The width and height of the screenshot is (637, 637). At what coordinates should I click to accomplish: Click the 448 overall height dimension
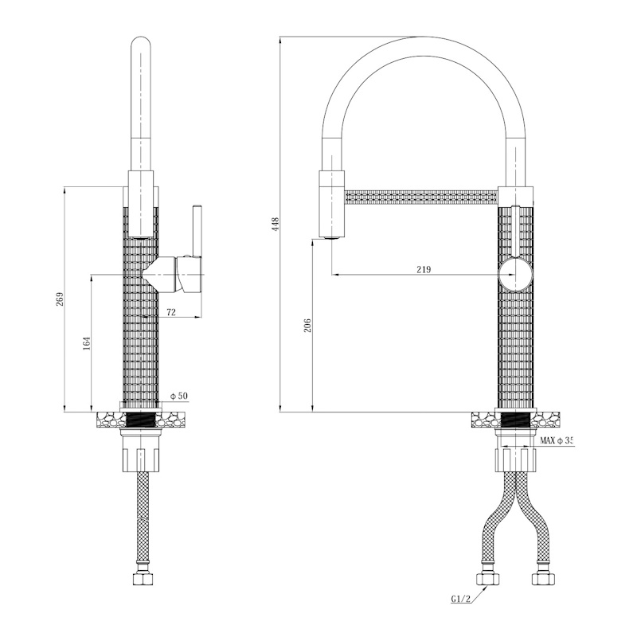coord(276,224)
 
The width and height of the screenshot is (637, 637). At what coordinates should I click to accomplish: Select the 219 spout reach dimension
coord(424,269)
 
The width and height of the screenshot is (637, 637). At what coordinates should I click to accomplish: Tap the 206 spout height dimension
coord(307,326)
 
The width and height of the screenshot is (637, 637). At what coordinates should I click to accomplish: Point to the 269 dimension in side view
coord(61,299)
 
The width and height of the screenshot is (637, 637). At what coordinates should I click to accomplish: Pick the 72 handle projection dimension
coord(171,312)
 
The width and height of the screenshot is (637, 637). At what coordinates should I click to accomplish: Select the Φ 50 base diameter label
coord(180,396)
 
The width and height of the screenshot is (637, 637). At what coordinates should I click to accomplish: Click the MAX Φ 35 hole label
coord(556,440)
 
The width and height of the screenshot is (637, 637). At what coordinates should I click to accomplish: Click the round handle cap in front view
coord(515,275)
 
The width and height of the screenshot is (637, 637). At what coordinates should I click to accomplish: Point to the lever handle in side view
coord(197,231)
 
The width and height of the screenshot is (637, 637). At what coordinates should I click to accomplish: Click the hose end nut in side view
coord(143,579)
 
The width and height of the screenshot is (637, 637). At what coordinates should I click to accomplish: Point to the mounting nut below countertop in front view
coord(515,459)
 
